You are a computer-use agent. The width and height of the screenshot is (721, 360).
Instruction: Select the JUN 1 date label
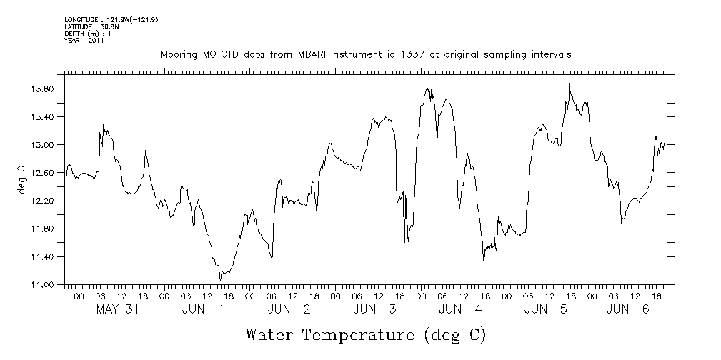point(203,309)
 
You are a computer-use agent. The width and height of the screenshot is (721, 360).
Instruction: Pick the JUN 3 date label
point(374,309)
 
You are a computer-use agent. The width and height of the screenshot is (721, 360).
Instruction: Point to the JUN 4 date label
point(460,309)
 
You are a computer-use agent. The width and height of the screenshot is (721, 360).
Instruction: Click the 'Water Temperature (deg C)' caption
point(366,334)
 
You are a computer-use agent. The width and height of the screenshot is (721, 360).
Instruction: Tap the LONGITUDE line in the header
point(111,19)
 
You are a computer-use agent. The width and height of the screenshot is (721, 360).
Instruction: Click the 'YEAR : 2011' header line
point(84,41)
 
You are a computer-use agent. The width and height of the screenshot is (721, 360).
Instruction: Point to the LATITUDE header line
point(91,26)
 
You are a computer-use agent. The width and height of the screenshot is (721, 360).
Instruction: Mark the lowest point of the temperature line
point(220,280)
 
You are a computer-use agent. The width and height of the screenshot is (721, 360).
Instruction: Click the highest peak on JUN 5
point(569,84)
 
